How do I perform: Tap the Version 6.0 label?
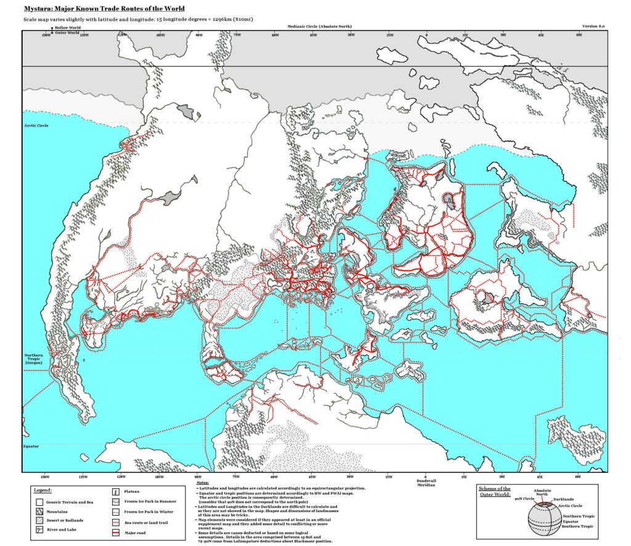595,27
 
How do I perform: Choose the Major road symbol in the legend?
116,532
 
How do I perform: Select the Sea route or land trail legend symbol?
116,522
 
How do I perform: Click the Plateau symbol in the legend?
116,492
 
